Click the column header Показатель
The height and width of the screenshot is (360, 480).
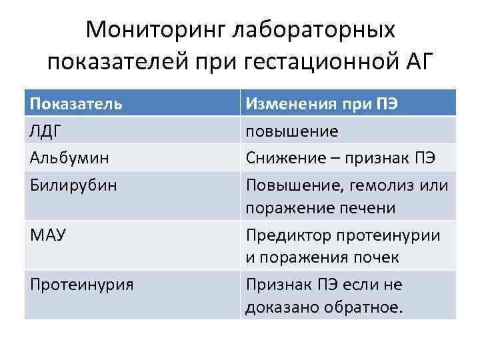pos(77,103)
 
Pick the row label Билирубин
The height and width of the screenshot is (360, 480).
pos(73,184)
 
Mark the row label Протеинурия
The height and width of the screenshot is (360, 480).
pos(82,285)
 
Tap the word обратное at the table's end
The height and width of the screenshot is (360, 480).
pos(364,309)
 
